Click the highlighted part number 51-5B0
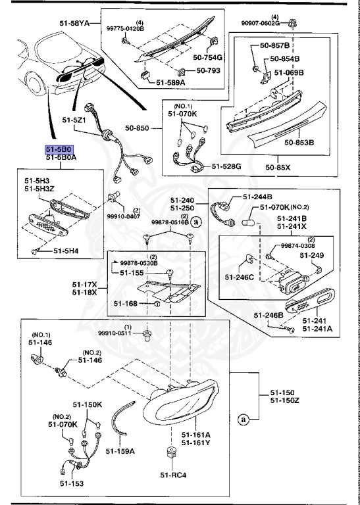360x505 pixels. point(60,150)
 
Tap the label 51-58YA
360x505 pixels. point(74,23)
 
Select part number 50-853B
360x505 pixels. point(299,142)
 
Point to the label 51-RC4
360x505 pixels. point(173,475)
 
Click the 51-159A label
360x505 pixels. point(120,451)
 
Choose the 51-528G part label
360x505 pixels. point(226,166)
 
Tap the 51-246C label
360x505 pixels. point(239,277)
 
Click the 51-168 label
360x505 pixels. point(125,303)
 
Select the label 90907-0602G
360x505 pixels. point(261,23)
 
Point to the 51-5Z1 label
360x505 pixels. point(74,120)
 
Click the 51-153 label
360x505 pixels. point(72,483)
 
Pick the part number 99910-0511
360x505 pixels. point(115,333)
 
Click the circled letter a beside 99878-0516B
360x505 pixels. point(195,222)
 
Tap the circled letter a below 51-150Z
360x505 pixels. point(244,420)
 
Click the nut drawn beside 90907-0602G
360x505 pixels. point(292,23)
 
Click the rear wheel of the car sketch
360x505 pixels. point(35,84)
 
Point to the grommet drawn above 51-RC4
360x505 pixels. point(172,452)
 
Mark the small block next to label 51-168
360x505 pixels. point(157,303)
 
